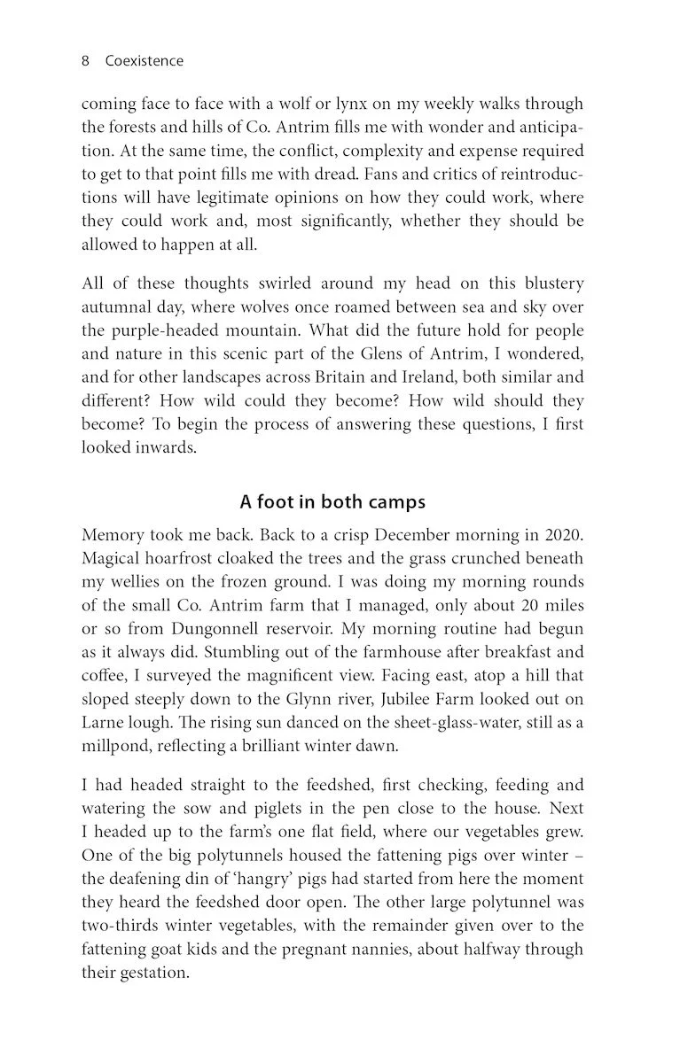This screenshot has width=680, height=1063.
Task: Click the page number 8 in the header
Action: click(85, 61)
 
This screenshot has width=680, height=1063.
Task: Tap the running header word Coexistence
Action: click(145, 61)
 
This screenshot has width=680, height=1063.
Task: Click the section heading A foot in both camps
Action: click(332, 502)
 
